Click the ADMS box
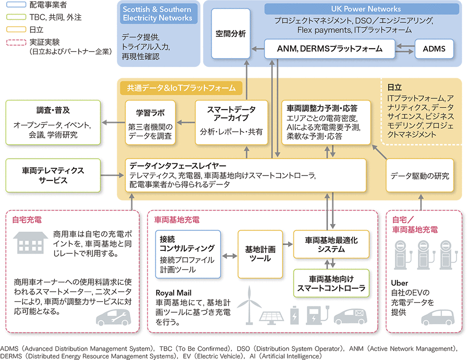[434, 49]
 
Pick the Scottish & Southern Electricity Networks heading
[157, 13]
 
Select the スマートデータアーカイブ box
[231, 122]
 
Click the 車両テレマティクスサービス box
[53, 175]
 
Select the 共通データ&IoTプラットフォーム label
[181, 88]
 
